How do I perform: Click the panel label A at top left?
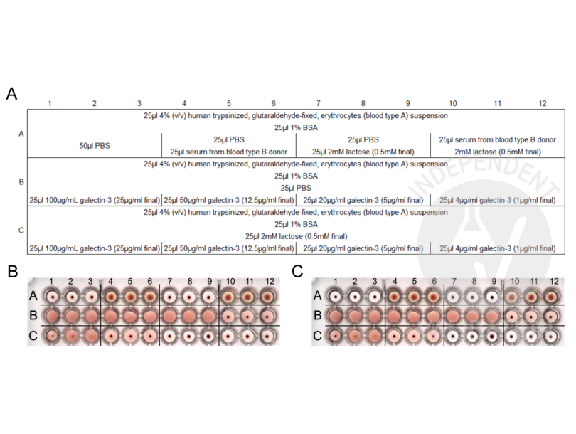[x=11, y=93]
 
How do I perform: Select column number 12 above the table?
[x=543, y=104]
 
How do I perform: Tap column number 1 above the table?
[x=50, y=104]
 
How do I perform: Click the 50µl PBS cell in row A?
[x=95, y=145]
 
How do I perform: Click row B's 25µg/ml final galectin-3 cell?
[x=95, y=201]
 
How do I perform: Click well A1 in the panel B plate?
[x=52, y=295]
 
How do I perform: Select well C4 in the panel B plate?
[x=112, y=334]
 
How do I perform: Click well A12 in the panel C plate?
[x=551, y=295]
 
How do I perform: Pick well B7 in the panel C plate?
[x=452, y=314]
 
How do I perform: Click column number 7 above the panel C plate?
[x=452, y=282]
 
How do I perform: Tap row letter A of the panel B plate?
[x=33, y=295]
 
